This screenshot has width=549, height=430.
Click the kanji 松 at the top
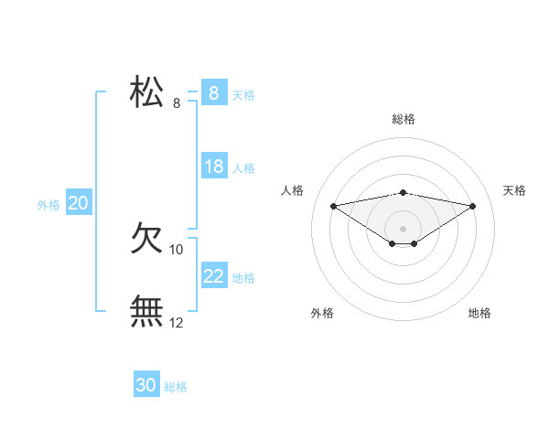[147, 92]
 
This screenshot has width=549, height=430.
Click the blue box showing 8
[213, 93]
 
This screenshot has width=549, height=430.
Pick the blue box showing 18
[214, 167]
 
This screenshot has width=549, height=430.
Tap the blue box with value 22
[214, 276]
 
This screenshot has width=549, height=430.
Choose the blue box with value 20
[78, 203]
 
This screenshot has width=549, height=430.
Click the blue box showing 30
[146, 385]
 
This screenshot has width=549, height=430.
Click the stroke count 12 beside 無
[177, 322]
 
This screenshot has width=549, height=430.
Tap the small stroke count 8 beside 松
[177, 102]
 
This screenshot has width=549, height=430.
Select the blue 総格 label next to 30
[176, 387]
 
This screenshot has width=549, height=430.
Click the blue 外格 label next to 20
[48, 205]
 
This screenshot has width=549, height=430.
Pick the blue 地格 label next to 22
[243, 278]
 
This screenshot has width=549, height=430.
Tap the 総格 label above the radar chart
[403, 119]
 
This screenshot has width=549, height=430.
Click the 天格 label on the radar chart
[514, 190]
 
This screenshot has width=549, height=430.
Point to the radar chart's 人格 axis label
[292, 190]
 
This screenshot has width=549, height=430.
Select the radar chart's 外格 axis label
[322, 313]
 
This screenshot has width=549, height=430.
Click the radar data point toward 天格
[473, 206]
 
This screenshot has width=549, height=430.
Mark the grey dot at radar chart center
[403, 228]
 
